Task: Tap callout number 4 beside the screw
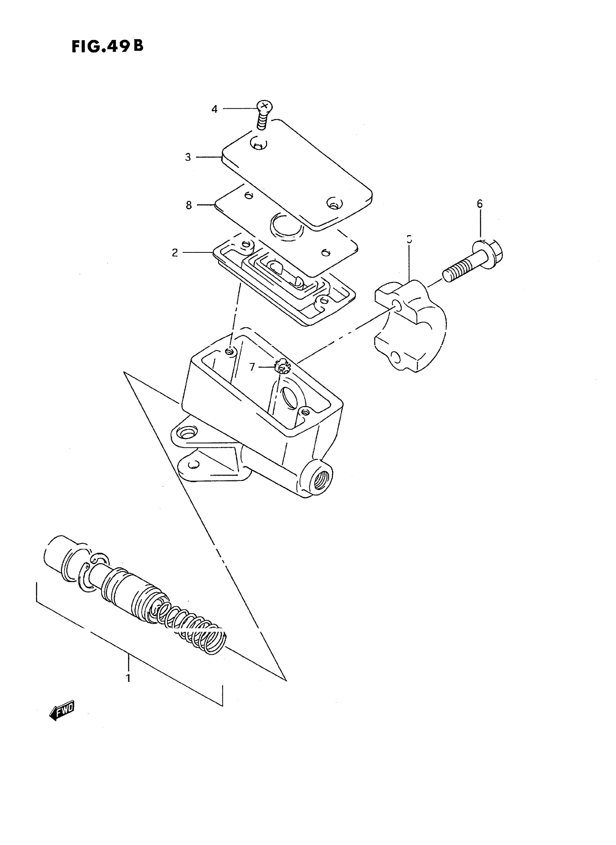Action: coord(215,109)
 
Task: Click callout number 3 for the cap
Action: coord(188,157)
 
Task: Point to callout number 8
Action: coord(189,205)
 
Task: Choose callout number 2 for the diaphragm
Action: coord(175,253)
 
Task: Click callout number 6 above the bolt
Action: coord(479,204)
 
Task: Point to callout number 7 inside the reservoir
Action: coord(252,367)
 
